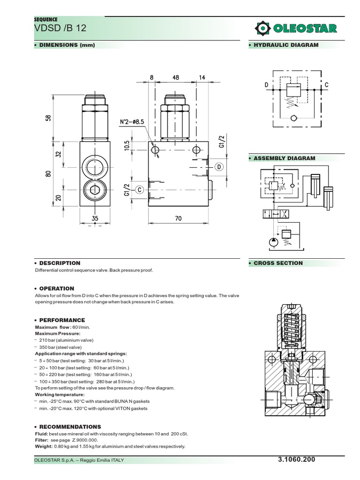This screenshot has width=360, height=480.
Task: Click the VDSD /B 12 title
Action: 53,30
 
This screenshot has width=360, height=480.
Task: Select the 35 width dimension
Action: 95,218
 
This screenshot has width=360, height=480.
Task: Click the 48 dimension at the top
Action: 176,78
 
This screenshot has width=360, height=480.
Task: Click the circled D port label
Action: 219,167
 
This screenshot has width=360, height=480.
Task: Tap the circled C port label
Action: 139,189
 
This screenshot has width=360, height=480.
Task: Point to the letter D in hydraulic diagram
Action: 266,85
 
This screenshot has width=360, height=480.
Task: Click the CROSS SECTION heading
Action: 278,263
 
